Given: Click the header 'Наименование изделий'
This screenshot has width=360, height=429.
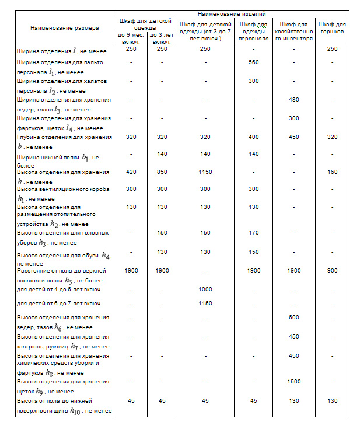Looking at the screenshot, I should [232, 13].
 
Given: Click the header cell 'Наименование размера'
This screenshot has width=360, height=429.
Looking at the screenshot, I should [65, 27].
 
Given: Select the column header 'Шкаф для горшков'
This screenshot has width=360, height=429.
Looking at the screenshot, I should [332, 27].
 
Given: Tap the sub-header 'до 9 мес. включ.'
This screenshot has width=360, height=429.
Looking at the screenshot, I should [130, 39].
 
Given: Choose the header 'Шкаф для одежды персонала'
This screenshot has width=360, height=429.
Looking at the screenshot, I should [253, 31].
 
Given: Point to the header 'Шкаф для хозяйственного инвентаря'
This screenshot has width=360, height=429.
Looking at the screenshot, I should [294, 31].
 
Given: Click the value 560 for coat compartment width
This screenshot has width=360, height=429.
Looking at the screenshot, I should [253, 62].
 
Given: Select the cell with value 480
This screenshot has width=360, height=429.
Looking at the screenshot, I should [294, 100].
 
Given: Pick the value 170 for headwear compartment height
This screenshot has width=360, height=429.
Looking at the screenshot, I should [253, 233].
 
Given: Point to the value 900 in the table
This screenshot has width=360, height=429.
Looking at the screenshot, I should [332, 271].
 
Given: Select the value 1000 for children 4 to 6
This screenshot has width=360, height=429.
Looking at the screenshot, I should [205, 290].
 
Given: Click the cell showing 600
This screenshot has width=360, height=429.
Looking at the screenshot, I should [294, 318].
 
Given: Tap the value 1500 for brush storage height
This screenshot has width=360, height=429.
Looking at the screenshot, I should [294, 382].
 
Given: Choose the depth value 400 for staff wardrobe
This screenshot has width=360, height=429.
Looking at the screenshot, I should [253, 137].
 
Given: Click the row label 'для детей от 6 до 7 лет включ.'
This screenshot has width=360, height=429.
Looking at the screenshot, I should [60, 304].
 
